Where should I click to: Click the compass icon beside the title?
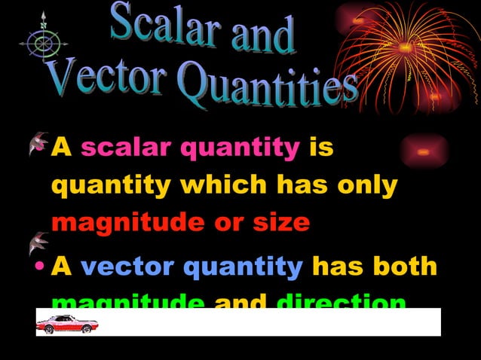(x=44, y=41)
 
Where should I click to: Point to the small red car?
(x=67, y=324)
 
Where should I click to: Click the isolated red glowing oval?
(x=424, y=151)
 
